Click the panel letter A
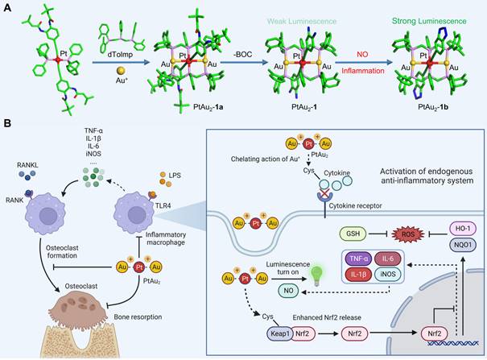click(x=7, y=6)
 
